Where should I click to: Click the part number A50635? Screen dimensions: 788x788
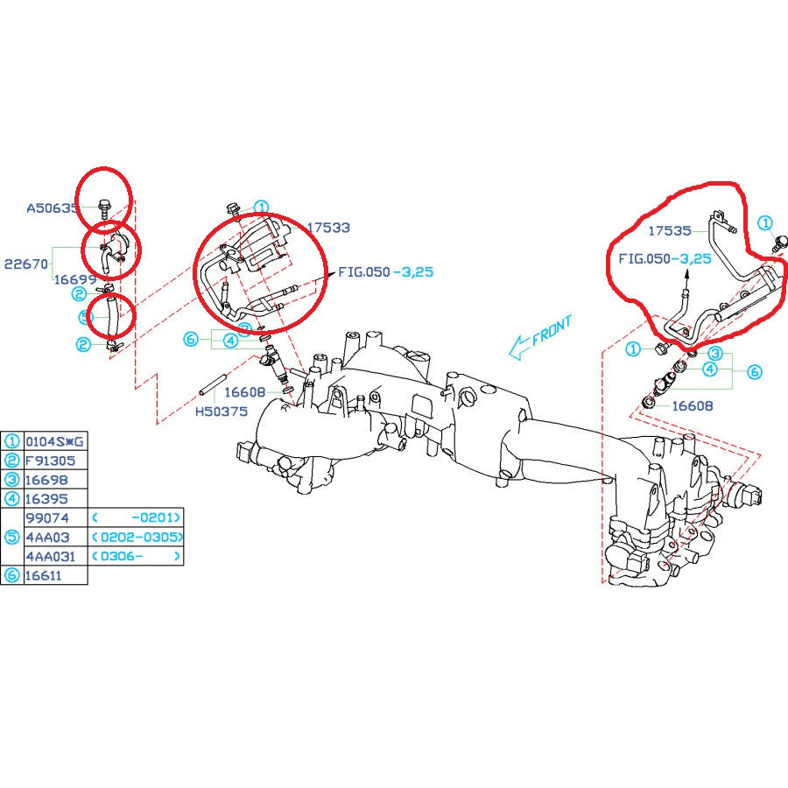click(52, 208)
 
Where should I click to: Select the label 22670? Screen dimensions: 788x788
click(27, 264)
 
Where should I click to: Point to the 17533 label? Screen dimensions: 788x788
click(328, 228)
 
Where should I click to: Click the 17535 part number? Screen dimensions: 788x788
click(670, 231)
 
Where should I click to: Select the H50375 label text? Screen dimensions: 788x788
click(221, 411)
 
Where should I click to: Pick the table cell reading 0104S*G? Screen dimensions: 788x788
click(55, 441)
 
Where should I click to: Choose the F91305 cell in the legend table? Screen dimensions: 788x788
click(50, 461)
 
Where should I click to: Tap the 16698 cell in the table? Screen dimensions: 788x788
click(46, 480)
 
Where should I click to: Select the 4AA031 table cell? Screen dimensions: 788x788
click(50, 556)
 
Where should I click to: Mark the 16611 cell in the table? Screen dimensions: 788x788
click(46, 575)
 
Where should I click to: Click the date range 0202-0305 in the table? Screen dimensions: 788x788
click(139, 537)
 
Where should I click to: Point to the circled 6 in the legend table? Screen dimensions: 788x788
click(12, 575)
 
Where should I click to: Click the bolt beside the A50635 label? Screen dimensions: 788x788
click(103, 208)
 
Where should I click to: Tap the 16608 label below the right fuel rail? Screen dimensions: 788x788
click(692, 405)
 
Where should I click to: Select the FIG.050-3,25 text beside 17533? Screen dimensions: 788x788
click(385, 272)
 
